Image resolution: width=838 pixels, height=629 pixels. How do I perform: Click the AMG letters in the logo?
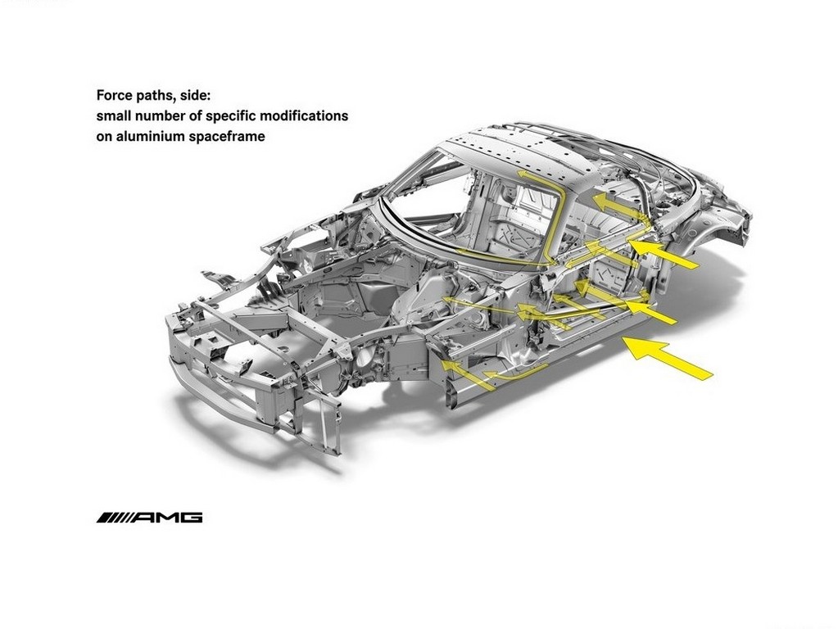[167, 518]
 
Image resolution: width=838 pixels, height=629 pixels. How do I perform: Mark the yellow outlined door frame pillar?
[556, 214]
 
